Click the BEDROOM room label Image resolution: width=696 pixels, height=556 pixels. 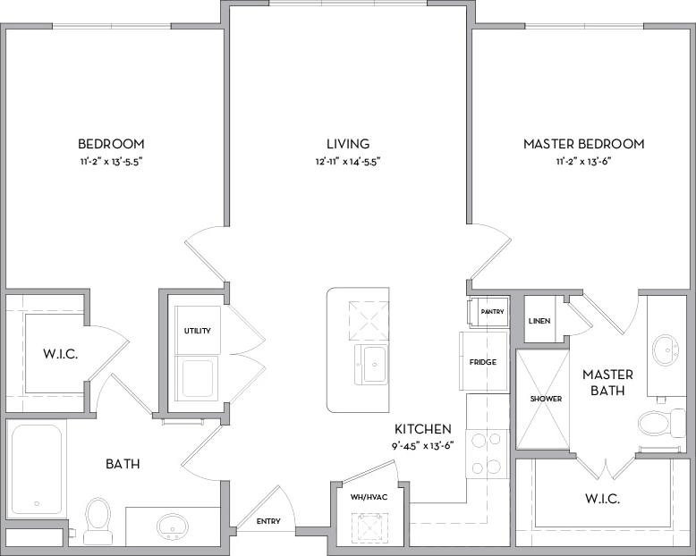111,144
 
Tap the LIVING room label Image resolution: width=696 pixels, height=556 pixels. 347,144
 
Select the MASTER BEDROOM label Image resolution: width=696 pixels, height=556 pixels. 583,144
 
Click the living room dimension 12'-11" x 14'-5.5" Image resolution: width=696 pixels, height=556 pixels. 347,163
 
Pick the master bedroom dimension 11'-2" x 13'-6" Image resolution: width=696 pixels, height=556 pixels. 583,163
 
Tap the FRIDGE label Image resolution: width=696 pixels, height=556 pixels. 483,362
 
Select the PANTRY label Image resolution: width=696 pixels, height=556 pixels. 492,312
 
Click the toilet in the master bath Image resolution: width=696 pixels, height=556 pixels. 660,422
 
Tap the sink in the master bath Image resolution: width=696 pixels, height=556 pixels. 666,348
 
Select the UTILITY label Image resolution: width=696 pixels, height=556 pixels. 198,331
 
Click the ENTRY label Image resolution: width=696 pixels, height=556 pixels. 268,521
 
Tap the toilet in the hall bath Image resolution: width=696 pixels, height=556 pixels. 97,518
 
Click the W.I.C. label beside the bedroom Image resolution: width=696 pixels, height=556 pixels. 59,354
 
